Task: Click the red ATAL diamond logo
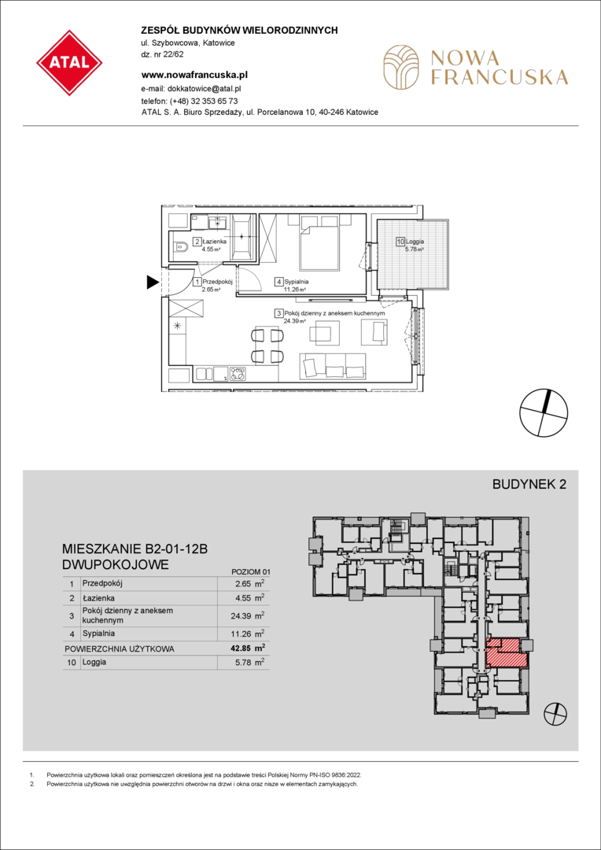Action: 69,63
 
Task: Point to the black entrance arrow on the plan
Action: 153,281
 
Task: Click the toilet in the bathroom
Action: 181,248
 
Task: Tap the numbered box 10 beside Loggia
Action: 400,242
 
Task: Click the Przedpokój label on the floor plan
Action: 216,282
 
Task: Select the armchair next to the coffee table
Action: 374,331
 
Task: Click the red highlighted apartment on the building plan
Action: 506,653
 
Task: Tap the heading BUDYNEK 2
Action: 529,485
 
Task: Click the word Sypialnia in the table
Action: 99,633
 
